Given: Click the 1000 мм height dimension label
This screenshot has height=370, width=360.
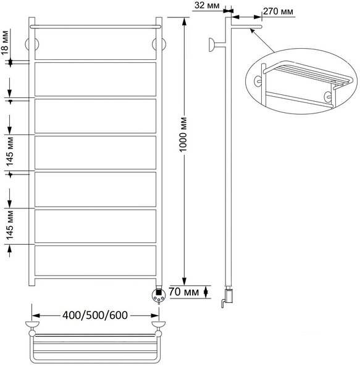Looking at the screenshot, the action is tap(183, 134).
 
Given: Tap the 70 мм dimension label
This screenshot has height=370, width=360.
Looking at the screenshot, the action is tap(184, 292).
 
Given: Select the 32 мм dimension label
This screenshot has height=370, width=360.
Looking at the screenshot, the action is tap(207, 6).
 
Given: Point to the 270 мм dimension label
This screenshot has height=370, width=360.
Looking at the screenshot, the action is tap(278, 11).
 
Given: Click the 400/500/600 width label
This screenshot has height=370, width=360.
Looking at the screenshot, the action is tap(95, 315).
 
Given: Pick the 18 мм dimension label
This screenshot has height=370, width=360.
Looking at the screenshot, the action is tap(5, 43).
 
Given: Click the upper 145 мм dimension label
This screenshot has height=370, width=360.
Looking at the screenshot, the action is tap(10, 152).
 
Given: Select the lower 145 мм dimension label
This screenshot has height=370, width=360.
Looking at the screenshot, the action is tap(10, 225).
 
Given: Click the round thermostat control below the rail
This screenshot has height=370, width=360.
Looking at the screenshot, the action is tap(159, 295).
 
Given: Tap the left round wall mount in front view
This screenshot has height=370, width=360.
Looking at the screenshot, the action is tap(32, 44).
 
